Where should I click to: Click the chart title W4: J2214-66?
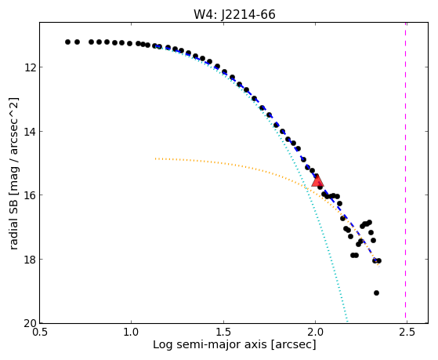click(234, 15)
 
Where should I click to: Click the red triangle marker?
click(317, 180)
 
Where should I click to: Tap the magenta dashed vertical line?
click(405, 173)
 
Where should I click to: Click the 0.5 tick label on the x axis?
click(40, 333)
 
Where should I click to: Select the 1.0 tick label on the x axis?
click(132, 333)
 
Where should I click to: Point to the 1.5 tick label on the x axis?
click(223, 333)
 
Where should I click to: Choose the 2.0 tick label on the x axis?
click(315, 333)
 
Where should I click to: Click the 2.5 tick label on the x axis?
click(407, 333)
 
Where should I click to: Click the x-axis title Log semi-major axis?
click(210, 344)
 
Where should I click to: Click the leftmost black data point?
click(67, 42)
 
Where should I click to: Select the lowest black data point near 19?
click(376, 293)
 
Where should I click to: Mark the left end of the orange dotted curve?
click(156, 158)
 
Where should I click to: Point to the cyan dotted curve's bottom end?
click(347, 322)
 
